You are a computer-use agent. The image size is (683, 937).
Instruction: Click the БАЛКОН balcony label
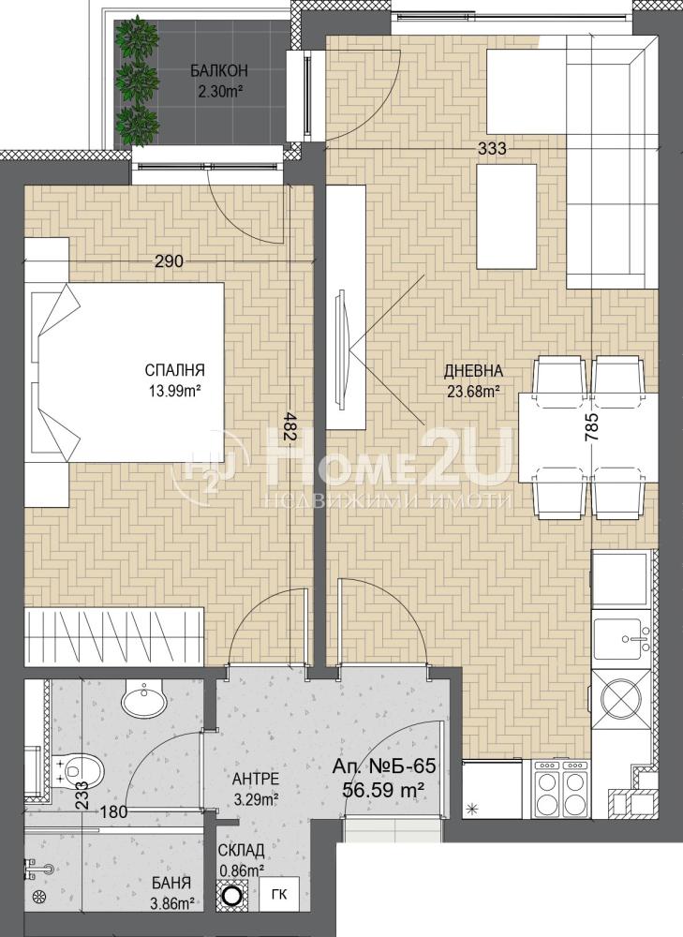coord(218,71)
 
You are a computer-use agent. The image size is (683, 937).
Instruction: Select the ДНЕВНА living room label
coord(473,371)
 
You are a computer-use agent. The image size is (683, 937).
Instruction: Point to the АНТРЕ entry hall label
coord(255,780)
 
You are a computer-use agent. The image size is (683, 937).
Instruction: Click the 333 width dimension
coord(492,148)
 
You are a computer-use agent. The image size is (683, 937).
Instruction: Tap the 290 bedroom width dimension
coord(169,261)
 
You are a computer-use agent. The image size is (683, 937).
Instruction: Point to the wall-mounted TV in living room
coord(342,350)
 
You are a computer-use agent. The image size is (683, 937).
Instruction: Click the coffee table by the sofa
coord(506,216)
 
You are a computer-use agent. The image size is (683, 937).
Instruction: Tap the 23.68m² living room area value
coord(473,392)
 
